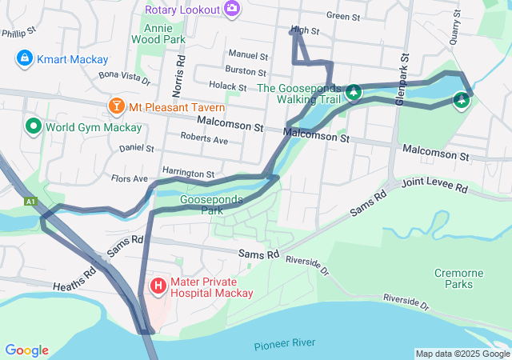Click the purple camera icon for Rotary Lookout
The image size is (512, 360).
[x=232, y=9]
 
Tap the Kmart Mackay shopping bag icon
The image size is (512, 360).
[x=24, y=58]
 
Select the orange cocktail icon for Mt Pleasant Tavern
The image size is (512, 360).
[x=117, y=106]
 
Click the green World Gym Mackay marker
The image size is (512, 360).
[x=34, y=126]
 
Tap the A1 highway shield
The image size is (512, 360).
[x=31, y=202]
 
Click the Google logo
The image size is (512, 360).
[x=26, y=350]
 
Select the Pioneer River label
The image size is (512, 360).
[x=284, y=345]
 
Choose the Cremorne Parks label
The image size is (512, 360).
[x=458, y=278]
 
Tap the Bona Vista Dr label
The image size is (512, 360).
[x=123, y=77]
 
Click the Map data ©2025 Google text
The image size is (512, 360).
[x=462, y=354]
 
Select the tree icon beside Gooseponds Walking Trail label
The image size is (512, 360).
[x=352, y=94]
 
